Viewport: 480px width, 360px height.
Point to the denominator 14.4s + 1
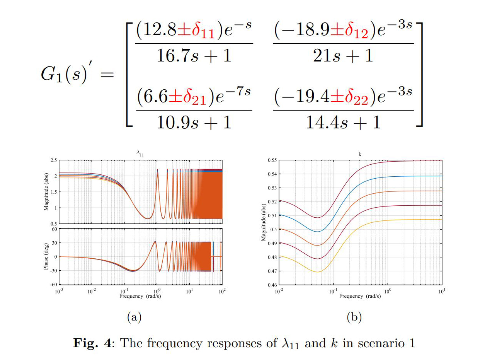pyautogui.click(x=343, y=122)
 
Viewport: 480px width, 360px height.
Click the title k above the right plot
pyautogui.click(x=360, y=154)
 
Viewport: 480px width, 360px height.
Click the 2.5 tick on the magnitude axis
pyautogui.click(x=53, y=160)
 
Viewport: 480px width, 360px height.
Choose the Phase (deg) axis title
pyautogui.click(x=46, y=257)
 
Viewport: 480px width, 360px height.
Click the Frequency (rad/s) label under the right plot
pyautogui.click(x=360, y=296)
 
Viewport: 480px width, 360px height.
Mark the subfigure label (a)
pyautogui.click(x=134, y=317)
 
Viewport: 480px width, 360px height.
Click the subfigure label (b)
pyautogui.click(x=354, y=317)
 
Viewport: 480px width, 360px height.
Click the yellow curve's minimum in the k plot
pyautogui.click(x=317, y=272)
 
